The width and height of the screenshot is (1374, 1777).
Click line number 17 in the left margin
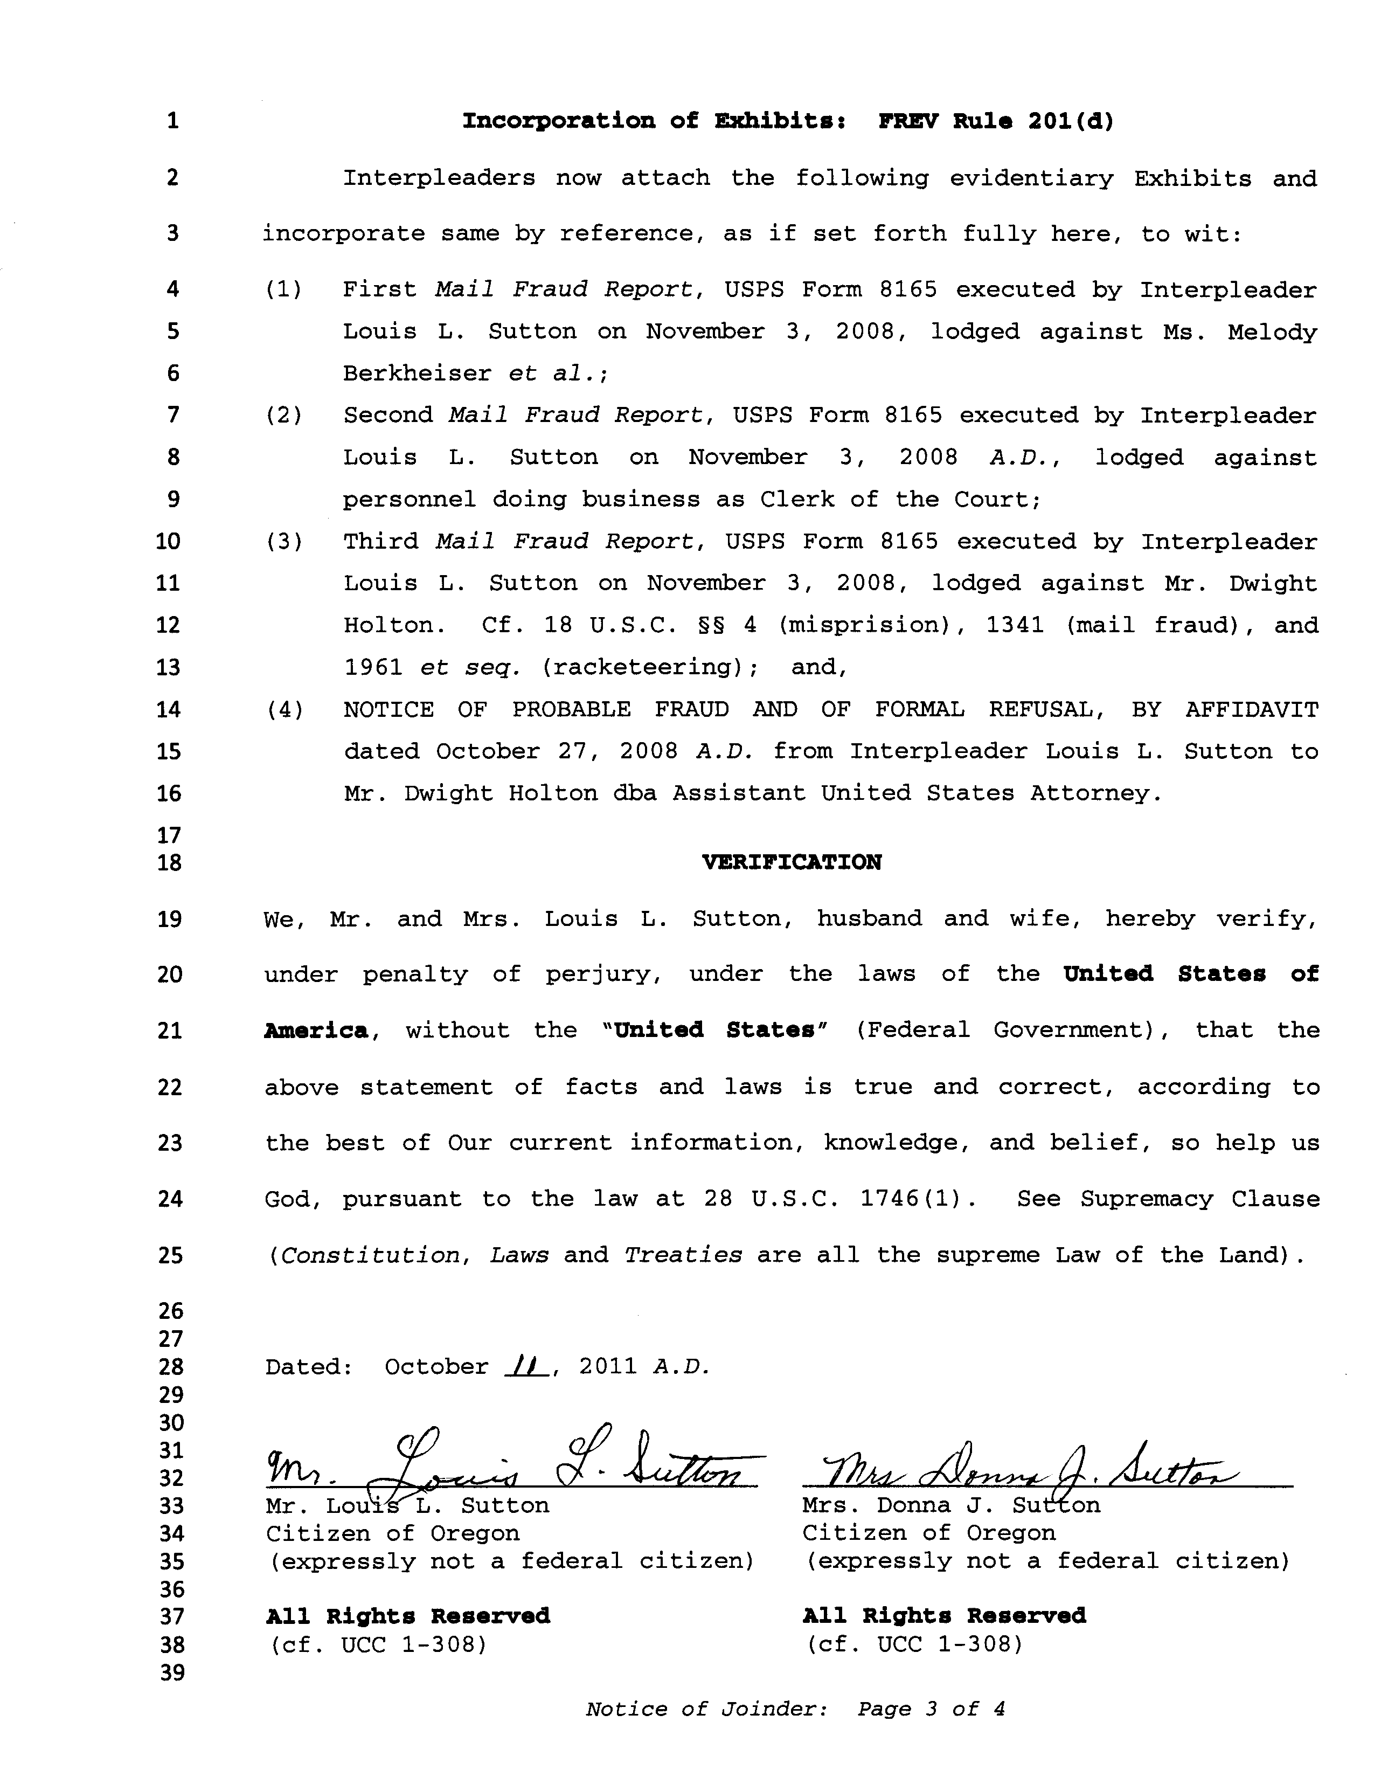coord(169,835)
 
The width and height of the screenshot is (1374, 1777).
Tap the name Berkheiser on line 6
coord(417,374)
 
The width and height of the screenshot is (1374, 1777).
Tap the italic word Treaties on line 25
coord(683,1255)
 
